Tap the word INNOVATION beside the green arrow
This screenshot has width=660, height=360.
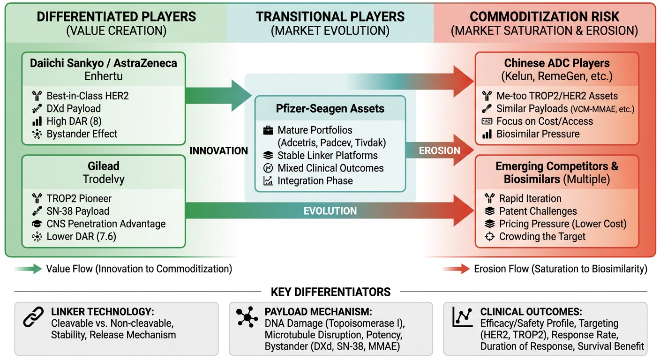click(218, 150)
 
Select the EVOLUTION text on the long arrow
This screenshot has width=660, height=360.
click(330, 211)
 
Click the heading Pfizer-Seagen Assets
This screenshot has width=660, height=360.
click(330, 109)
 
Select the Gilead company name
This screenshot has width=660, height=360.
click(104, 166)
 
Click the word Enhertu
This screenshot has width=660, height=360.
click(104, 76)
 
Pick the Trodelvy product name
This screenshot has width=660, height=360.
click(104, 179)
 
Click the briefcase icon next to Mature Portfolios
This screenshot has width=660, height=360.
click(268, 130)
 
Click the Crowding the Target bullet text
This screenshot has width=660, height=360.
click(542, 237)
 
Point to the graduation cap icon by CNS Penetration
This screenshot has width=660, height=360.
click(37, 224)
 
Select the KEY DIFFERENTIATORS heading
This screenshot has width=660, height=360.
click(330, 292)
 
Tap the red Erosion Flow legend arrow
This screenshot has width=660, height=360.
click(455, 269)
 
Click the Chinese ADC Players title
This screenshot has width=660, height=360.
click(557, 63)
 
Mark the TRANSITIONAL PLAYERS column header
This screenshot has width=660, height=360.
click(330, 17)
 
